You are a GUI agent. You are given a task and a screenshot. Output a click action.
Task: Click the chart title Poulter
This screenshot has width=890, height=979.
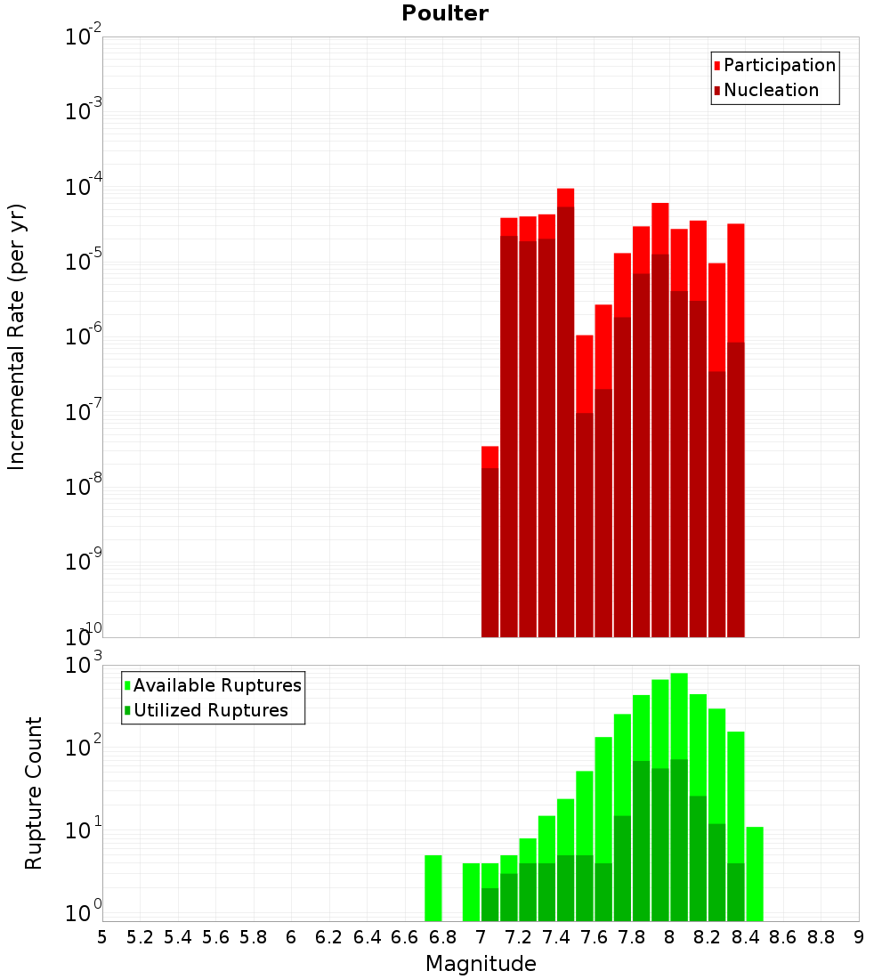click(445, 13)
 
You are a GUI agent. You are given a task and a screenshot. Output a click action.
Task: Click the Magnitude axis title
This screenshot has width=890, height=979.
click(481, 964)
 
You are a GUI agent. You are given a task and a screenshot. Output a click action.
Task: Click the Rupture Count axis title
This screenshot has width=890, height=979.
click(34, 792)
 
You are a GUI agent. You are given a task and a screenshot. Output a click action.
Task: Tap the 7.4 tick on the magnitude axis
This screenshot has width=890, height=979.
click(556, 937)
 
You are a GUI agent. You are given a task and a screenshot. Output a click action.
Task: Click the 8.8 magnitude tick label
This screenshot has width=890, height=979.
click(821, 937)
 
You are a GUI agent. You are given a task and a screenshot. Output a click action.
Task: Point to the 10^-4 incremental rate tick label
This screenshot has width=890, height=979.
click(84, 187)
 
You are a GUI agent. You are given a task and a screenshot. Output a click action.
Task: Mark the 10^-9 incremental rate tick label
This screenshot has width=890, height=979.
click(84, 562)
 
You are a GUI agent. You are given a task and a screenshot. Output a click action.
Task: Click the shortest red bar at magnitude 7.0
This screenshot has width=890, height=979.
click(489, 543)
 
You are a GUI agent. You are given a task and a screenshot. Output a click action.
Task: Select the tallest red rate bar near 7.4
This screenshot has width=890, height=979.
click(565, 409)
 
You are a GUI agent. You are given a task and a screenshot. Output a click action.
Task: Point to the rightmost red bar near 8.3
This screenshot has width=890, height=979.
click(735, 427)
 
